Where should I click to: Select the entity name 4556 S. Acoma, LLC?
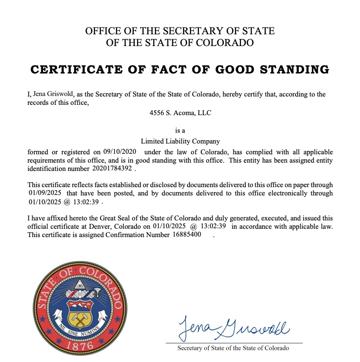tap(180, 113)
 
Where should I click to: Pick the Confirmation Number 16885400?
tap(186, 235)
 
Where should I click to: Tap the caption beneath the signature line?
tap(233, 348)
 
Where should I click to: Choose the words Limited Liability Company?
tap(180, 141)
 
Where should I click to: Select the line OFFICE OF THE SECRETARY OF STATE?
tap(180, 31)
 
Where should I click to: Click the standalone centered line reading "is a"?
tap(180, 131)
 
